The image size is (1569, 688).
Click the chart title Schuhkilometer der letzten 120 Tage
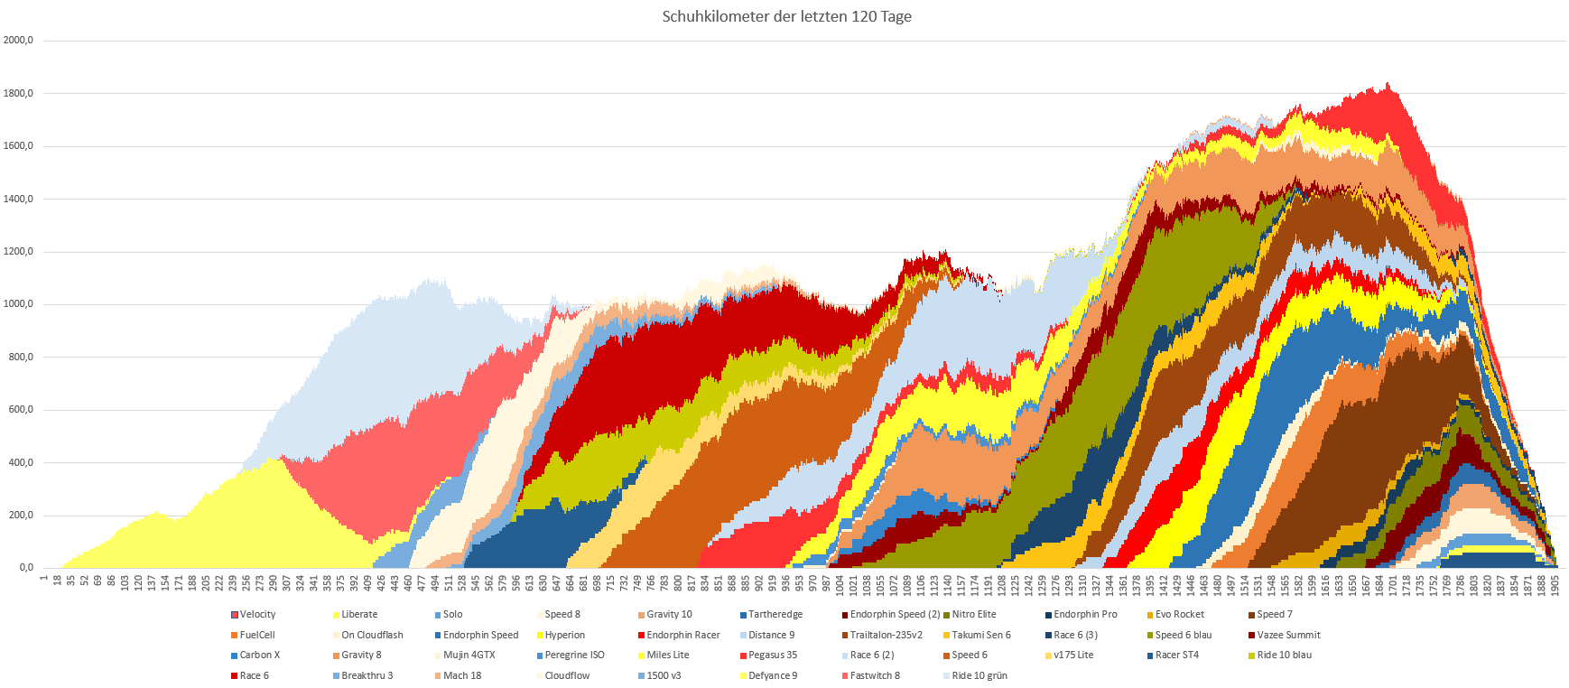[786, 17]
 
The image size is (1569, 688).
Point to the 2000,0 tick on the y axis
[18, 41]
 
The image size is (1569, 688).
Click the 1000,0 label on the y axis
[18, 304]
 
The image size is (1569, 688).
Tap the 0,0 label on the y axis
[25, 568]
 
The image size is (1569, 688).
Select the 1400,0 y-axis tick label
[18, 199]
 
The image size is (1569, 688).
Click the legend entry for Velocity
[257, 614]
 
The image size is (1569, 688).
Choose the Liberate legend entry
[359, 614]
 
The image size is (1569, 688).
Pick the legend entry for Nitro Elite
[973, 614]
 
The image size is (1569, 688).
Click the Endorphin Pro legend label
[1085, 614]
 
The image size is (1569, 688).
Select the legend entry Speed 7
[1274, 614]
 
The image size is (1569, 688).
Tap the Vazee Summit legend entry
[1288, 635]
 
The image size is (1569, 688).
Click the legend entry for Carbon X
[259, 655]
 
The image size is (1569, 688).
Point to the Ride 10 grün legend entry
[979, 675]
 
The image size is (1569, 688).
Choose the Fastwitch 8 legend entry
[874, 675]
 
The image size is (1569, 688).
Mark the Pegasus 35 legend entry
[772, 655]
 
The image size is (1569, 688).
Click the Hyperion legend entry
[564, 635]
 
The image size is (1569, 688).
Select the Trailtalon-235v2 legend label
[886, 635]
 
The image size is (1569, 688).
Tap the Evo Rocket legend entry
[1179, 614]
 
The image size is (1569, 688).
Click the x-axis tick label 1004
[840, 585]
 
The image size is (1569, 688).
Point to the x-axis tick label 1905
[1555, 585]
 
